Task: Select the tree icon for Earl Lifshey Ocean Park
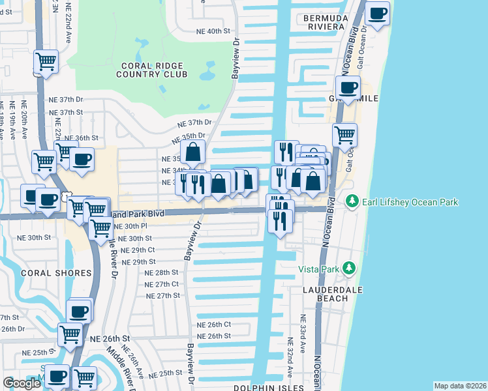pos(352,199)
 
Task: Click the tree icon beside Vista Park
pos(349,268)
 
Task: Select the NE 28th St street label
pos(162,272)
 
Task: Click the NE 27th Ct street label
pos(162,284)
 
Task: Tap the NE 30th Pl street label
pos(127,226)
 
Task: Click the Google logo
pos(22,383)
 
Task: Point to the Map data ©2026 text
pos(459,386)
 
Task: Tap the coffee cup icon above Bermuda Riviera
pos(378,13)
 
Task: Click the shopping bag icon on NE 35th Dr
pos(193,153)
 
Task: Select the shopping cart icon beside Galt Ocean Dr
pos(344,135)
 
